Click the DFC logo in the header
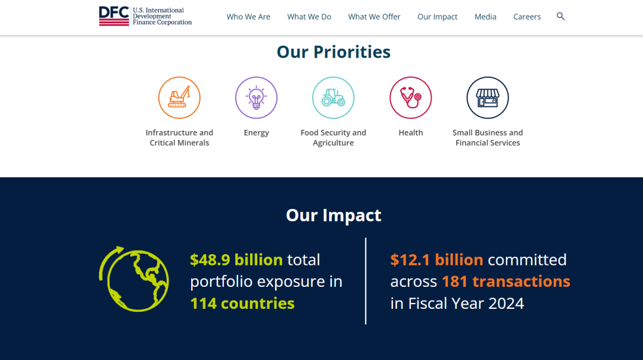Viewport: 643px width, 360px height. point(145,17)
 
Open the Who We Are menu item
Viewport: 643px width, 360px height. point(248,17)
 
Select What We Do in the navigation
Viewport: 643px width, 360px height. point(309,17)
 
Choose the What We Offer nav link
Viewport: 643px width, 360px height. point(374,17)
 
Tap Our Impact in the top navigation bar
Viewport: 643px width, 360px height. point(437,17)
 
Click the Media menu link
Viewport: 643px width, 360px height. point(485,17)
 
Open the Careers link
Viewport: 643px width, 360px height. point(527,17)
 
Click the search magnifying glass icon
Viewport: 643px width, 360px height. point(561,17)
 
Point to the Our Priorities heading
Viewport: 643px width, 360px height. point(333,52)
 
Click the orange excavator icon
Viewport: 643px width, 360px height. point(179,98)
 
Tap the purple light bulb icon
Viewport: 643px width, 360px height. point(256,98)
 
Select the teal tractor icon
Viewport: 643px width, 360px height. point(333,98)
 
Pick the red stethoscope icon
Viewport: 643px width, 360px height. point(410,98)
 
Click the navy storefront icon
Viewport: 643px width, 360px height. point(488,98)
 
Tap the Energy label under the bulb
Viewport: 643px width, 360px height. point(256,133)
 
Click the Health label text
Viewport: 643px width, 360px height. point(410,133)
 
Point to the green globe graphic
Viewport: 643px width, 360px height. point(134,279)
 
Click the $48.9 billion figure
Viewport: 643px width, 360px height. point(236,259)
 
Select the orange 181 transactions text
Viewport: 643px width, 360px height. point(505,281)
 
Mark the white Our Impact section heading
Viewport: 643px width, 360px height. point(333,215)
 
